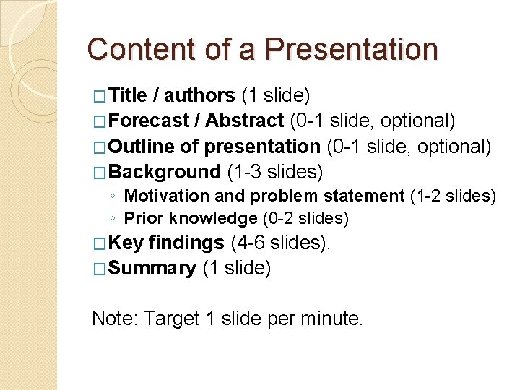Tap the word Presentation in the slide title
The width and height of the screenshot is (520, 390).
tap(351, 50)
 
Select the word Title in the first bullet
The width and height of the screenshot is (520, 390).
tap(129, 95)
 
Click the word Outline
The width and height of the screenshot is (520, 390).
tap(142, 147)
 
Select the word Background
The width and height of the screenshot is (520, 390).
tap(165, 172)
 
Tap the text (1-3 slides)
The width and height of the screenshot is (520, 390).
tap(275, 172)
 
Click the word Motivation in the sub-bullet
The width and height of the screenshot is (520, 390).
tap(165, 196)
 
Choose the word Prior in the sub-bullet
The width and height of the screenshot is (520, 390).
tap(140, 218)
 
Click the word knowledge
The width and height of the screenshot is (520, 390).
tap(209, 218)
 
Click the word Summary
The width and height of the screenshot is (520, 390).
tap(153, 269)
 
